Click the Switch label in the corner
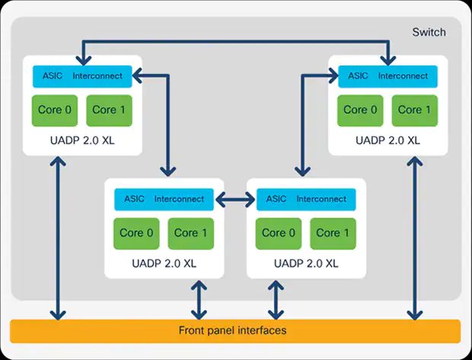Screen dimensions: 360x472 coord(429,32)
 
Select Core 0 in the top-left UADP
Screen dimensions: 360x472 coord(56,110)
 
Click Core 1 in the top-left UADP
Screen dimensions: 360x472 coord(110,110)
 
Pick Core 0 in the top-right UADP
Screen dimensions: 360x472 coord(360,110)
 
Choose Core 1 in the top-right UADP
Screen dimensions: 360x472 coord(415,110)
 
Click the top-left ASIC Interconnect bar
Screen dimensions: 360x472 coord(83,76)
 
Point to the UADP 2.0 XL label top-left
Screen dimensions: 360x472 coord(83,141)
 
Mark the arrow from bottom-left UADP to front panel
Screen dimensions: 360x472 coord(199,299)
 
